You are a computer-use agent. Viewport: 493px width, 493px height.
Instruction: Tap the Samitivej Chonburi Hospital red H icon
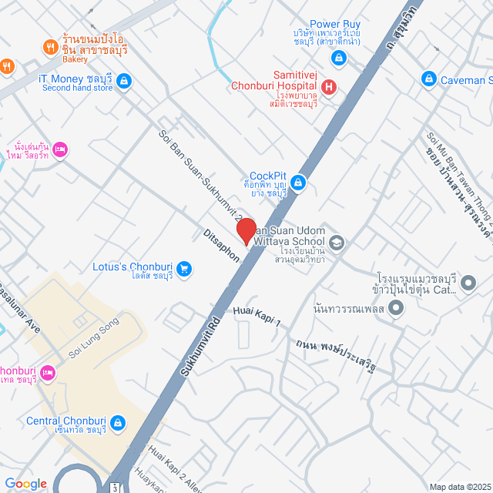pyautogui.click(x=329, y=87)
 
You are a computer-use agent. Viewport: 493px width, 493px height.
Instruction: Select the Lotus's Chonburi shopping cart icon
pyautogui.click(x=184, y=269)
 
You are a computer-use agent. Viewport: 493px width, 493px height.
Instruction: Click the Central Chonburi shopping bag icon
pyautogui.click(x=118, y=422)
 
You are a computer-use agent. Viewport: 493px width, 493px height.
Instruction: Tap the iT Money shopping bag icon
pyautogui.click(x=123, y=80)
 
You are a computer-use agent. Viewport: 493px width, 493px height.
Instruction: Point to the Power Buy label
pyautogui.click(x=335, y=25)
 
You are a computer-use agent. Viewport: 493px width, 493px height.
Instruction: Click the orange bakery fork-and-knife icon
pyautogui.click(x=50, y=47)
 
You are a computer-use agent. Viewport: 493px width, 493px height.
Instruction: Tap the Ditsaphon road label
pyautogui.click(x=222, y=244)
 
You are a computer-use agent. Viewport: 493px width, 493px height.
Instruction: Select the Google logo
pyautogui.click(x=25, y=483)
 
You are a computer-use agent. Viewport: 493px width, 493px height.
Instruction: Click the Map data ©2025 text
pyautogui.click(x=459, y=486)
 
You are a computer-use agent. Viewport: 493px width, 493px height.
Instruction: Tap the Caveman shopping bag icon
pyautogui.click(x=429, y=79)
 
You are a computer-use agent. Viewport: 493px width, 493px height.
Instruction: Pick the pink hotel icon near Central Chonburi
pyautogui.click(x=47, y=373)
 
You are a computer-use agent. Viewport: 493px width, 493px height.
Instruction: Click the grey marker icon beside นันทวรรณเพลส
pyautogui.click(x=397, y=309)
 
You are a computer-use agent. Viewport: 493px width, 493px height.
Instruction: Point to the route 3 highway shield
pyautogui.click(x=114, y=488)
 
